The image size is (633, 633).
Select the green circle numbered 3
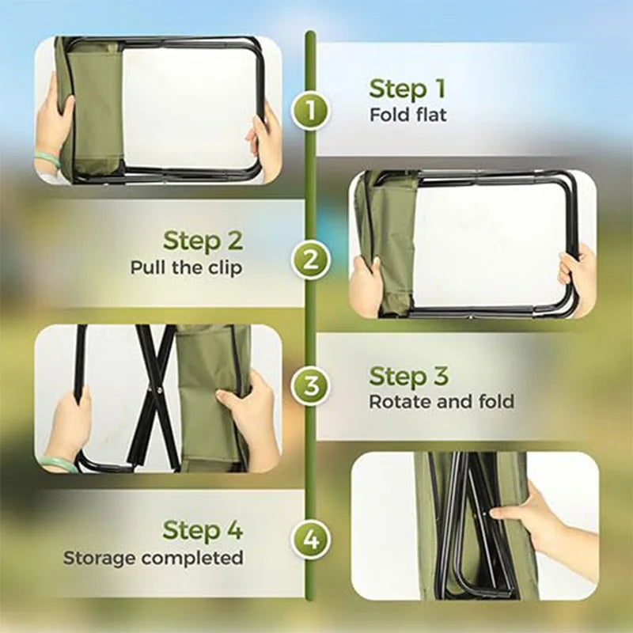tap(311, 387)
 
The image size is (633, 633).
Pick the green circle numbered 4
tap(311, 540)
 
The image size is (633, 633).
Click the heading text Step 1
tap(407, 89)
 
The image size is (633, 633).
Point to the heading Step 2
tap(203, 240)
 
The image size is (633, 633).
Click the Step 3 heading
tap(408, 375)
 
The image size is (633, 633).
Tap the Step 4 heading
tap(203, 529)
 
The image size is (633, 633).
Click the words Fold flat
tap(407, 116)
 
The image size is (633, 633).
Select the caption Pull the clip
tap(186, 267)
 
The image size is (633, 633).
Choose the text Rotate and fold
tap(442, 401)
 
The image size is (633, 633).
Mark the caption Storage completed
tap(153, 557)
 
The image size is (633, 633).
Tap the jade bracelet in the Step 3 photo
tap(60, 464)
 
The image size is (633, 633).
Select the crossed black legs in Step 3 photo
tap(155, 396)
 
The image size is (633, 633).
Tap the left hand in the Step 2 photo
tap(367, 285)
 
